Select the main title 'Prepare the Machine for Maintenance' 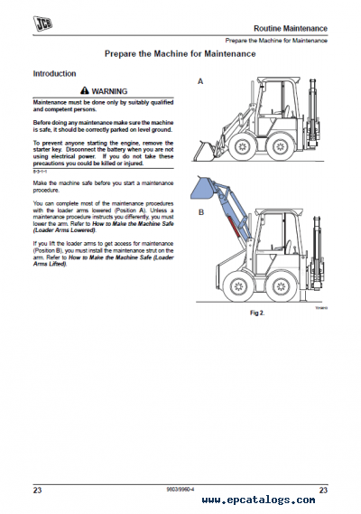180,54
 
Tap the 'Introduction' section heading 54,73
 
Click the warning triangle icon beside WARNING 85,91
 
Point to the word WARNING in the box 110,91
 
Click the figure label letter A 200,81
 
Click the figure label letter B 200,213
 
